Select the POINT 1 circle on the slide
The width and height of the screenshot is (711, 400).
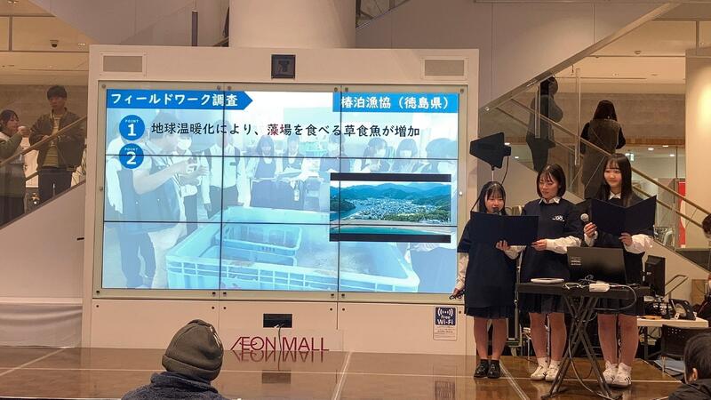132,129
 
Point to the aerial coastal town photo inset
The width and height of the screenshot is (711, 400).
390,205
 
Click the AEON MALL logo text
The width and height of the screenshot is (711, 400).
276,343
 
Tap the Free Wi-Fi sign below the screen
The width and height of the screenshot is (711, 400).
444,323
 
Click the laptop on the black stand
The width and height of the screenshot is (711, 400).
596,265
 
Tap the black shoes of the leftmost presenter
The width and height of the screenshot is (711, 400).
488,369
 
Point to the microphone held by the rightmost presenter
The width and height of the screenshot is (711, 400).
585,219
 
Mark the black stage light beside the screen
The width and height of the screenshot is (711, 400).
491,150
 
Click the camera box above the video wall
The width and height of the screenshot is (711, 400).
283,66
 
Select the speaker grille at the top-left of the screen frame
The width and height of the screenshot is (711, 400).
124,64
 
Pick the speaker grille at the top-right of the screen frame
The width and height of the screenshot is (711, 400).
443,68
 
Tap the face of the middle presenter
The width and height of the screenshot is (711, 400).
550,183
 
